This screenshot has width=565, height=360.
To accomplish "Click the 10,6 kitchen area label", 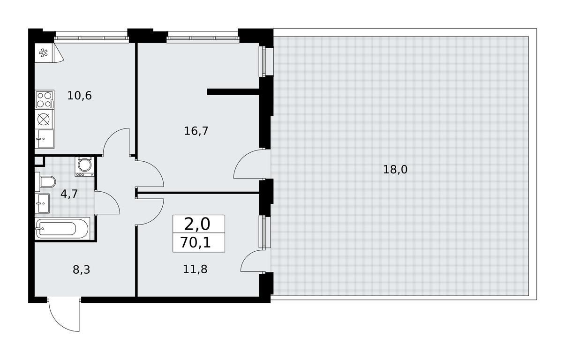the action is tap(79, 96).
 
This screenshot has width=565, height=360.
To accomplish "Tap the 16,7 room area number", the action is tap(196, 131).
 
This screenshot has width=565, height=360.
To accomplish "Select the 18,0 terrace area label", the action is tap(395, 169).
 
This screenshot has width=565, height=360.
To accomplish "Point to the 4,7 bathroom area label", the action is tap(69, 194).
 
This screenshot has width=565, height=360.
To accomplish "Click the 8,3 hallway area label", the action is tap(82, 270).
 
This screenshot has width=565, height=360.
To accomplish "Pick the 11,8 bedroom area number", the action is tap(195, 269).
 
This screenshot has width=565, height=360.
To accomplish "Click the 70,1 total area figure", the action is tap(196, 243).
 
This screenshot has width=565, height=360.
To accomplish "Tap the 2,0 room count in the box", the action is tap(197, 225).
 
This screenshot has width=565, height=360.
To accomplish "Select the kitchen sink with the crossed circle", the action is tap(45, 119).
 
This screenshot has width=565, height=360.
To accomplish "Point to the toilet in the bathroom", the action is tap(45, 182).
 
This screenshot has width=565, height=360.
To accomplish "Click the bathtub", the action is tap(62, 229).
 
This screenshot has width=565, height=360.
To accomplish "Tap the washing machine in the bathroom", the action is tap(84, 166).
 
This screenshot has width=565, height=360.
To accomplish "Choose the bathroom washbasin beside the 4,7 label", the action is tap(42, 203).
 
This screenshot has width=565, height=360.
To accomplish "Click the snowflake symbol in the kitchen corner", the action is tap(44, 53).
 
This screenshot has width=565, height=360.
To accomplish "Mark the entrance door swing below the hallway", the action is tap(64, 317).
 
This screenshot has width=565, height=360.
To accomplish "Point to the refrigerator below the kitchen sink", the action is tap(45, 139).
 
